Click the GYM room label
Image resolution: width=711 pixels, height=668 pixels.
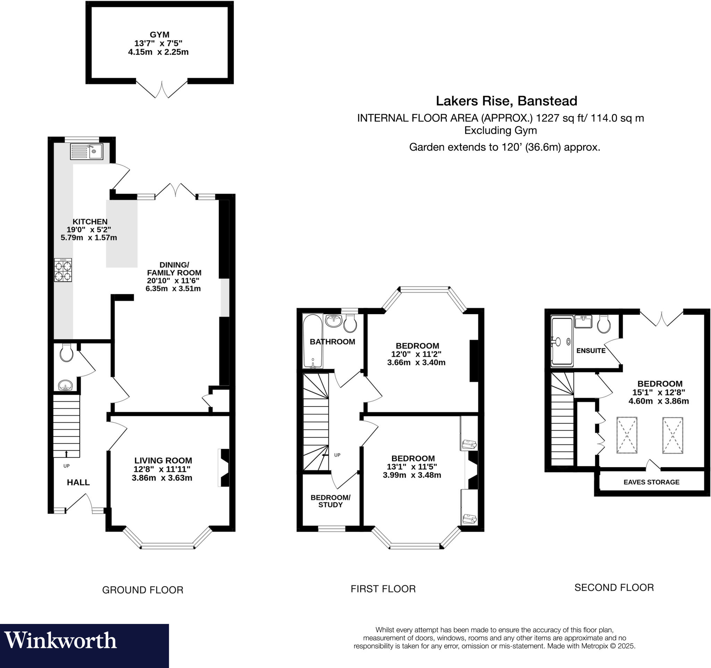(x=159, y=35)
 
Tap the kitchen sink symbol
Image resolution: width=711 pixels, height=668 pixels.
(x=86, y=152)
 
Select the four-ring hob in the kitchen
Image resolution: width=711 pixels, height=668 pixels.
(x=63, y=270)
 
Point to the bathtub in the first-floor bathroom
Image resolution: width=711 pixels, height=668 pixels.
(x=312, y=341)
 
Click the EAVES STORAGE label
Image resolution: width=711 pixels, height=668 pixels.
(x=651, y=482)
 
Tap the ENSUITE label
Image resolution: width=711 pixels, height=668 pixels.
(x=591, y=350)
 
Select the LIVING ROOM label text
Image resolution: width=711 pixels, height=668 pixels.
(x=163, y=461)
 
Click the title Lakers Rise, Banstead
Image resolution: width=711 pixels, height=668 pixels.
(x=506, y=101)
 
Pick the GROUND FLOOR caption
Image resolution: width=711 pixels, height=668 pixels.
(x=143, y=590)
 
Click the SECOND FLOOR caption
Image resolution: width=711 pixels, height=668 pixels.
(x=614, y=587)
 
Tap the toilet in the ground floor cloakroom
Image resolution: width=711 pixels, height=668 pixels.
(x=67, y=353)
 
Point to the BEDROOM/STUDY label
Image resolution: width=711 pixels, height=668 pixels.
(x=330, y=501)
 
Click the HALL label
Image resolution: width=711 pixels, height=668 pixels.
(x=78, y=482)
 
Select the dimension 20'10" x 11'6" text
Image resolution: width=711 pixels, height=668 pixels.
(x=173, y=281)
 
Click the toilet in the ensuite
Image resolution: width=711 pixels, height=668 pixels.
(x=604, y=324)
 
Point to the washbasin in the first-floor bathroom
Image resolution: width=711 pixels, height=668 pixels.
(x=334, y=320)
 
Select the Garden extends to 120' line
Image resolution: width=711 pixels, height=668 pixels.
(x=504, y=147)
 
